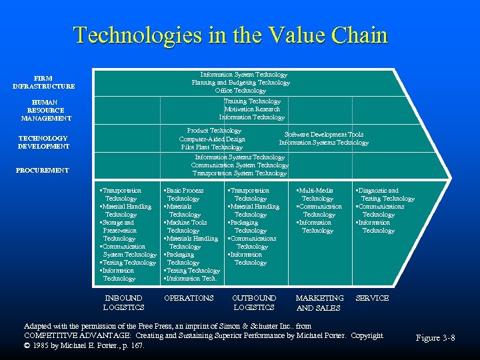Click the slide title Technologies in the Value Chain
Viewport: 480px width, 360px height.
(x=230, y=35)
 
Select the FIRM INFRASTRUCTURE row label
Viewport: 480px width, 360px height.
(x=43, y=82)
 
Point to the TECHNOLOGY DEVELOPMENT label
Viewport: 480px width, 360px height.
(x=43, y=142)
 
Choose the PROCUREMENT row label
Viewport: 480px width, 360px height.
(x=43, y=171)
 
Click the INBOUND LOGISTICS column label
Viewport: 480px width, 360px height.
(x=123, y=303)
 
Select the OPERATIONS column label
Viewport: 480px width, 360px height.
(x=189, y=298)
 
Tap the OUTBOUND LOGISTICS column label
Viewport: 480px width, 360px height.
(x=253, y=303)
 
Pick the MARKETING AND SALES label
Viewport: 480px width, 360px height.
(x=319, y=303)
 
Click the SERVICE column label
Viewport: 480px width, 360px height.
(x=373, y=298)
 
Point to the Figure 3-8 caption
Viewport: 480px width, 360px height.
(x=435, y=338)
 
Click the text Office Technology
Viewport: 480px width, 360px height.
(x=241, y=91)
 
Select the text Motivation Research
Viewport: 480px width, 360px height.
(x=252, y=109)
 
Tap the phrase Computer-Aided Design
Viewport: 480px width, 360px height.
(x=212, y=139)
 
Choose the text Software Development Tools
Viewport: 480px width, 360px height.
(x=324, y=135)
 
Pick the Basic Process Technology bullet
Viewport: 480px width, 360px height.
(x=184, y=195)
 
